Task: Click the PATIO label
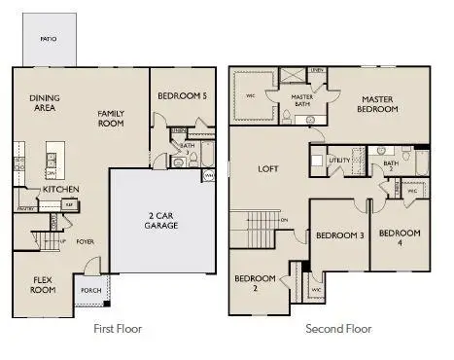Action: tap(48, 39)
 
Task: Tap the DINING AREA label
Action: tap(45, 102)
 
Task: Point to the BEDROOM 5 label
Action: tap(182, 95)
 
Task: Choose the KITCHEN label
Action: tap(60, 189)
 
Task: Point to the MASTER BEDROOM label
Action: tap(378, 104)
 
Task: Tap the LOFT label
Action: tap(268, 168)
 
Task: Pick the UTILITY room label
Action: tap(339, 159)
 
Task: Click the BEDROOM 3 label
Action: tap(339, 235)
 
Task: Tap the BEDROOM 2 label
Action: tap(255, 284)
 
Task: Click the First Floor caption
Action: tap(118, 329)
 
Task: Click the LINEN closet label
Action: tap(317, 71)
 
